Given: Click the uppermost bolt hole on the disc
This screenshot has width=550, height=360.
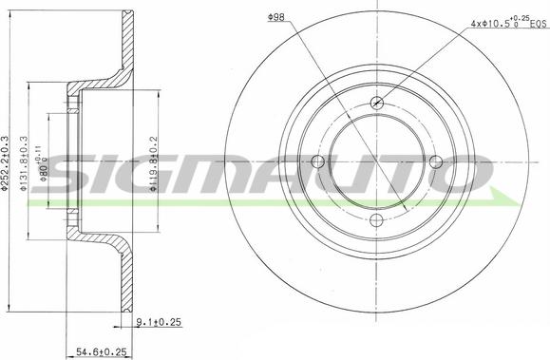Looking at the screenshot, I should (377, 104).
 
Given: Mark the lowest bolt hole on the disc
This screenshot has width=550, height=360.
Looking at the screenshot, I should (377, 220).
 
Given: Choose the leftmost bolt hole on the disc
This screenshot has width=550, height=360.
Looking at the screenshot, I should (318, 162).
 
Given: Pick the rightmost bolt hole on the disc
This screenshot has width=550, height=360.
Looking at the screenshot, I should (436, 162).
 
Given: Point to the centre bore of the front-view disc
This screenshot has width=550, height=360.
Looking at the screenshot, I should (377, 162).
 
